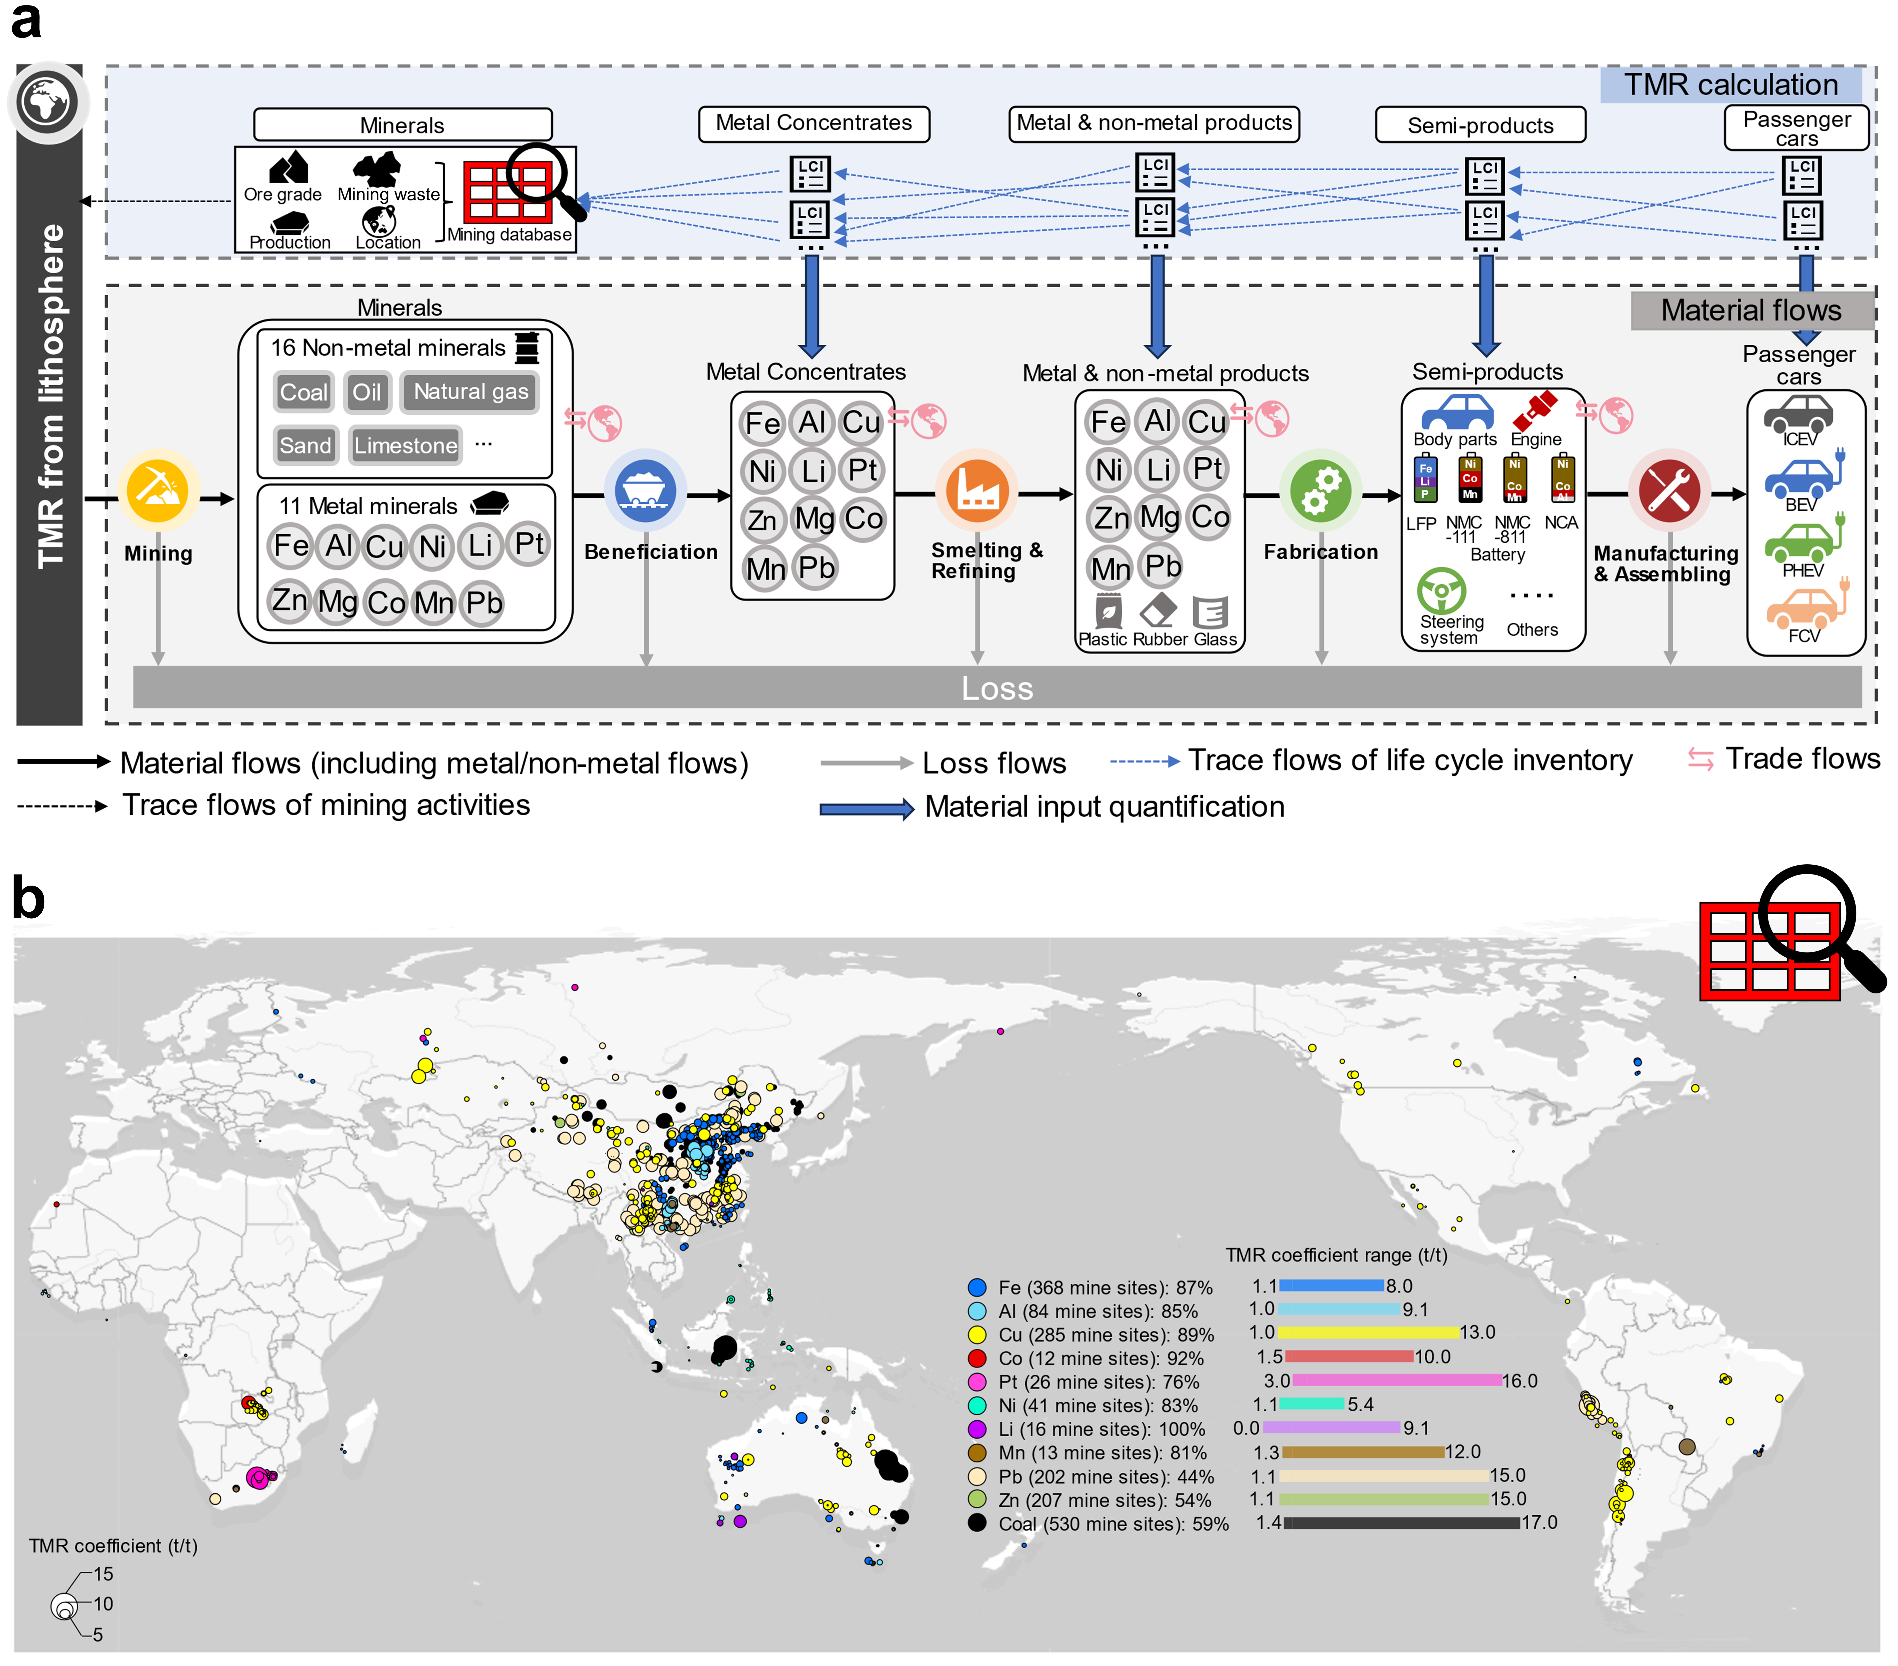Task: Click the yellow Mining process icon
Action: coord(158,490)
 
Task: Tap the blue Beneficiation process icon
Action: coord(645,490)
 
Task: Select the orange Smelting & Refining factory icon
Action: coord(977,490)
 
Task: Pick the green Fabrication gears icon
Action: coord(1320,490)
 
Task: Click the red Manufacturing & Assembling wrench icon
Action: coord(1669,490)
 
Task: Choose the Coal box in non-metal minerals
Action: coord(304,392)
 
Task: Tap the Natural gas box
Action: coord(471,392)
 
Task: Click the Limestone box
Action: coord(405,446)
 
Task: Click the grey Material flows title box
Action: coord(1751,310)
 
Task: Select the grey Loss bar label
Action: coord(996,688)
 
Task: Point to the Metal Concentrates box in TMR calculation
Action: coord(813,124)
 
